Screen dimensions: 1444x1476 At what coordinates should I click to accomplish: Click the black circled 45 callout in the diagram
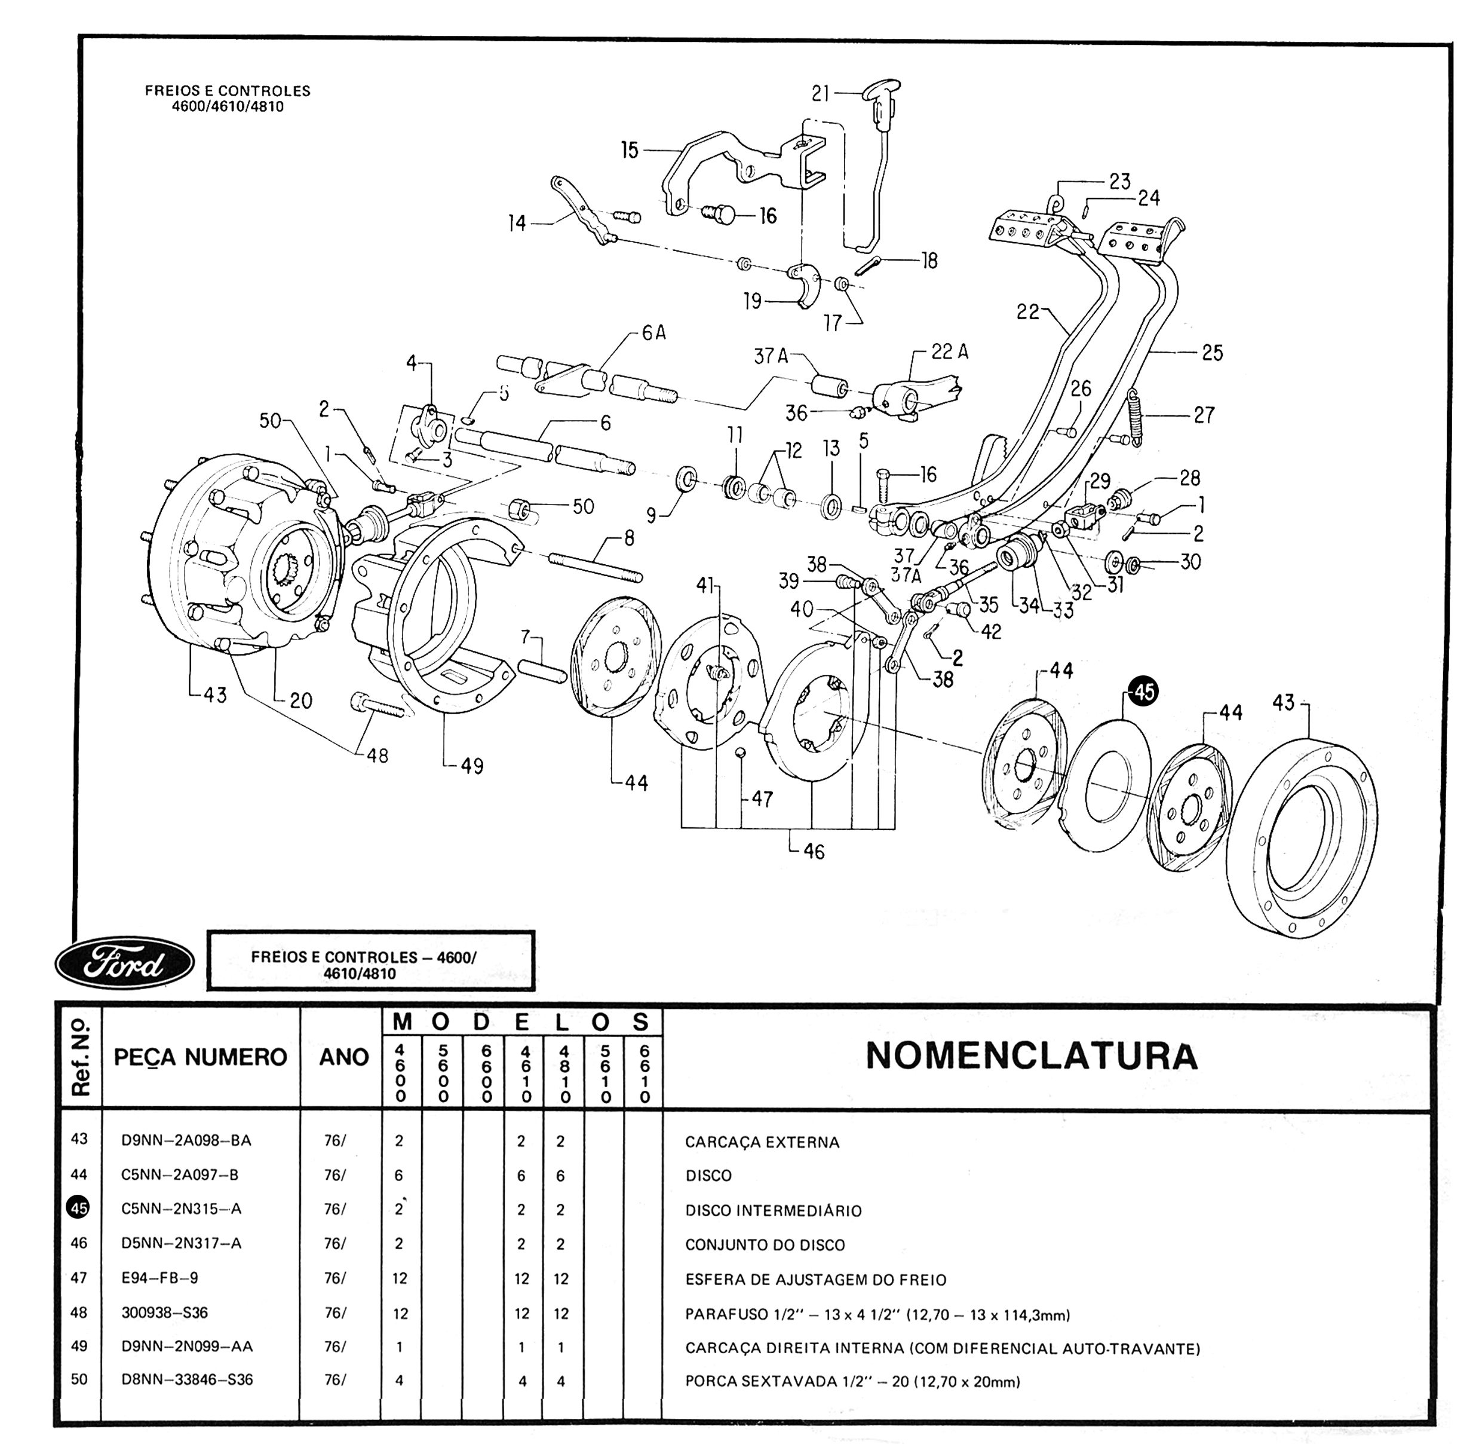coord(1143,692)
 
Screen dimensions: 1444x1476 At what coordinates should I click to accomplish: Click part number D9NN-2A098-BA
coord(186,1140)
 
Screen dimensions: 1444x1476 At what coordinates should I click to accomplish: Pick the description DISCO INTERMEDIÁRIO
coord(774,1210)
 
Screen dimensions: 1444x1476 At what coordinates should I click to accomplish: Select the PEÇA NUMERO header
coord(200,1057)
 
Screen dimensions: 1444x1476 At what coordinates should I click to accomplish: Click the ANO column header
coord(343,1057)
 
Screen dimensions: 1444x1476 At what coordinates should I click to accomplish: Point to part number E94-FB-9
coord(159,1278)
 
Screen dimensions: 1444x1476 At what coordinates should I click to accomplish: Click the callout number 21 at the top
coord(821,93)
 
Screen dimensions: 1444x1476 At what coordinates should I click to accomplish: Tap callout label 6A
coord(653,332)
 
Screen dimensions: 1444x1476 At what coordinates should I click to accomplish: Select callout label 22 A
coord(950,352)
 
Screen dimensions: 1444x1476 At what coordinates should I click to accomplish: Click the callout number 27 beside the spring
coord(1204,415)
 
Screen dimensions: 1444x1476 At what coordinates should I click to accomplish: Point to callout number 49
coord(471,766)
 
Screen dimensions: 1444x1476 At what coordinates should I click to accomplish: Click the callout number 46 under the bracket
coord(814,852)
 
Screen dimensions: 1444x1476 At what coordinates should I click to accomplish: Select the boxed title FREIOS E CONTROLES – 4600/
coord(364,957)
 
